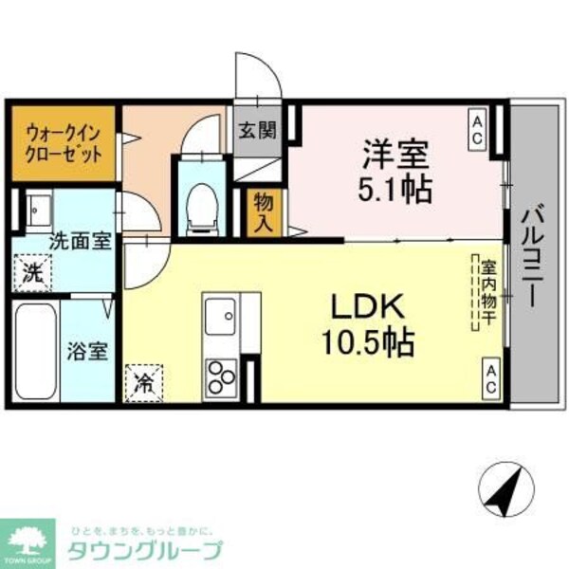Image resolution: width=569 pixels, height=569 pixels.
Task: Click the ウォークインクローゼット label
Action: coord(64,143)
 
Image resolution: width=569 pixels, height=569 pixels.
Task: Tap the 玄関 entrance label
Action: coord(256,130)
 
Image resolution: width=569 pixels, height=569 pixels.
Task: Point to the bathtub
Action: coord(34,352)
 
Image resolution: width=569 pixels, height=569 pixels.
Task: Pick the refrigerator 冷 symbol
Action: coord(144,382)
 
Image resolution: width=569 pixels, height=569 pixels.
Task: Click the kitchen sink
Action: coord(222,314)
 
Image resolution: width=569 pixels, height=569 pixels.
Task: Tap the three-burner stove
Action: coord(222,377)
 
